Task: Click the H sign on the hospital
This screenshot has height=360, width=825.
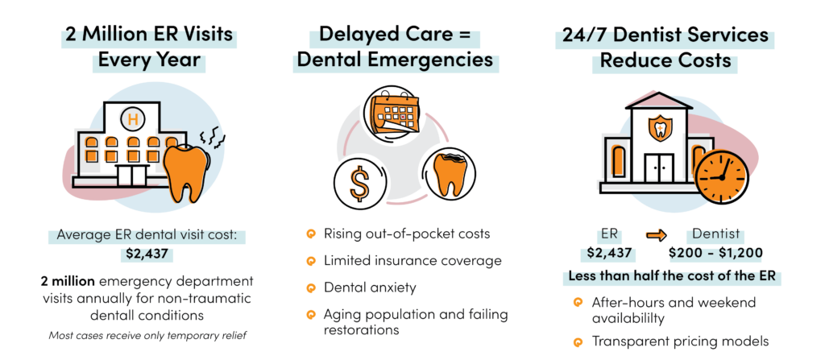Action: click(129, 119)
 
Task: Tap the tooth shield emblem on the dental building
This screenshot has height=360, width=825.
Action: click(660, 130)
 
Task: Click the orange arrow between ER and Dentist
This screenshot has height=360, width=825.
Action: click(657, 236)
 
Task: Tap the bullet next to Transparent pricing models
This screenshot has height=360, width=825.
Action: click(577, 342)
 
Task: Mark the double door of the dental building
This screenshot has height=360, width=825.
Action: click(660, 168)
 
